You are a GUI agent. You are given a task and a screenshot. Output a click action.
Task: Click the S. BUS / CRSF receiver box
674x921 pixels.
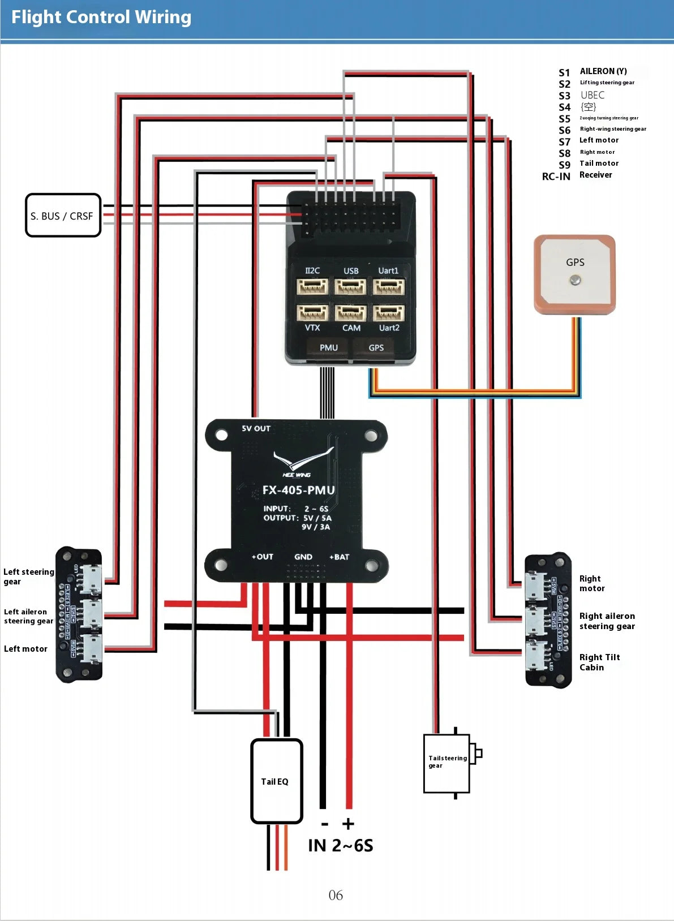point(63,216)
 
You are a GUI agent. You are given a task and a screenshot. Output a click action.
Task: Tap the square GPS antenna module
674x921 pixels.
point(574,274)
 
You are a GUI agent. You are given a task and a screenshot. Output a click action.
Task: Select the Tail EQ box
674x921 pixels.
point(276,781)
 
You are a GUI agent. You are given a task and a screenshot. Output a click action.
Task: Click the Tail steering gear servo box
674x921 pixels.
point(447,763)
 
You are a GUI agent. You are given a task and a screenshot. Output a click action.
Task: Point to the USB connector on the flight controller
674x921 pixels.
point(350,287)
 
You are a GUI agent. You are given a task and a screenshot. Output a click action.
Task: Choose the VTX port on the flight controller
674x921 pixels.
point(312,313)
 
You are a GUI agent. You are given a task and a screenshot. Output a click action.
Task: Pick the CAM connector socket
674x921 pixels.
point(350,313)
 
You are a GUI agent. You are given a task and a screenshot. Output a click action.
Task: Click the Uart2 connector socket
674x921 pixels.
point(389,313)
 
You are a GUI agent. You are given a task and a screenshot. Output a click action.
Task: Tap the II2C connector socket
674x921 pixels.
point(312,287)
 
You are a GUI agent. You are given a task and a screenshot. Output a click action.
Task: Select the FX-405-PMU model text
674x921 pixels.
point(298,490)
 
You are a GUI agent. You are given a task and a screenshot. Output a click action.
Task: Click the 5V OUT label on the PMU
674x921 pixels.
point(256,429)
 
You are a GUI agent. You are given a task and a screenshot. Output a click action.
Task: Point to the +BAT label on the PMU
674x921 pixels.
point(339,557)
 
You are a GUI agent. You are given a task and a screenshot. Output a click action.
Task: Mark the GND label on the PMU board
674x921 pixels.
point(303,557)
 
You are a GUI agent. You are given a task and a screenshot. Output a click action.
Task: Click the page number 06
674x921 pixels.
point(336,895)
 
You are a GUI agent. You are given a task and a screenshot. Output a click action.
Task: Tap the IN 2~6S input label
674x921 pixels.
point(341,846)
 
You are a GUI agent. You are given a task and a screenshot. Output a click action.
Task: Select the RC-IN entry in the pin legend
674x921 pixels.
point(556,177)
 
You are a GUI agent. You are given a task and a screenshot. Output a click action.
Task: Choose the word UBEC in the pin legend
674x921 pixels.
point(593,96)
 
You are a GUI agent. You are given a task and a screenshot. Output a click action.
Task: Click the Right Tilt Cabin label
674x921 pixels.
point(599,662)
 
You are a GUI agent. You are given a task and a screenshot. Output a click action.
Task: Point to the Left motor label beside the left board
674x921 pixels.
point(25,649)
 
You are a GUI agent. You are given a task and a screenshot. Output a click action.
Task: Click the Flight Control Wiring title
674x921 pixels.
point(101,18)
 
